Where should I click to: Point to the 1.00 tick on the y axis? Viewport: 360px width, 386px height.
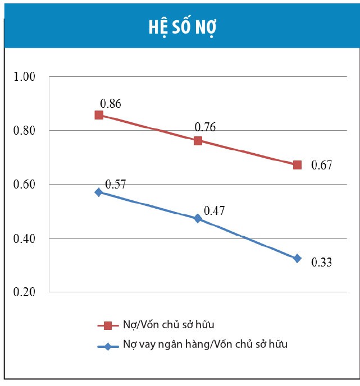[25, 76]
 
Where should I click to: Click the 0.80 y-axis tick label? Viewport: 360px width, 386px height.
[25, 131]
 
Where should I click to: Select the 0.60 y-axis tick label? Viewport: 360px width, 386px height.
[25, 185]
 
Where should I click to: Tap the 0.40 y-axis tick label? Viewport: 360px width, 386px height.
[25, 238]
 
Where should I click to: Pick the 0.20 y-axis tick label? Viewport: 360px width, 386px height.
[25, 292]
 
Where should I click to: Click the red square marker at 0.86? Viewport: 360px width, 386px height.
[99, 115]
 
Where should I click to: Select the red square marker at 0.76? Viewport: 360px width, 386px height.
[198, 140]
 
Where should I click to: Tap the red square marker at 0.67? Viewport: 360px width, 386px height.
[297, 165]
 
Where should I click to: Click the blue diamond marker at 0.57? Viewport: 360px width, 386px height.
[99, 192]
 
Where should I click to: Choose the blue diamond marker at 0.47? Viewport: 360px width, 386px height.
[198, 218]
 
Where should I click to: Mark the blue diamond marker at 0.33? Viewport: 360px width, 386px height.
[297, 258]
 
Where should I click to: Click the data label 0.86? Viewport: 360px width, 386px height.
[111, 104]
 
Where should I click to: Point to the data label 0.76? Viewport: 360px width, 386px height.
[205, 127]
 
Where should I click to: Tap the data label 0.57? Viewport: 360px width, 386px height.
[116, 185]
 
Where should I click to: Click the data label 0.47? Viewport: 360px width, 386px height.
[215, 211]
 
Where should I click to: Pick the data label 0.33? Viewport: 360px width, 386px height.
[322, 262]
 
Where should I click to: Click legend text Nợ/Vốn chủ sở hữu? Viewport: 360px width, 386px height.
[168, 325]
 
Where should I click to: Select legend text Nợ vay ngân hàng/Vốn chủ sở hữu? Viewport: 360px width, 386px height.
[205, 344]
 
